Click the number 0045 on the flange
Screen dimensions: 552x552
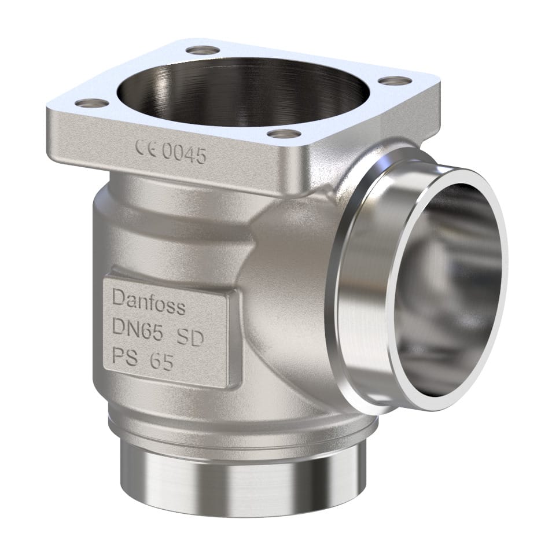(183, 154)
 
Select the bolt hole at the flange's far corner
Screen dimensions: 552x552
(203, 50)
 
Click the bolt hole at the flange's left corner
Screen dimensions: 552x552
(92, 104)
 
